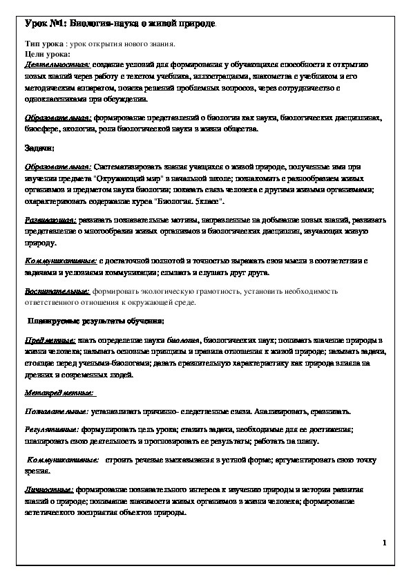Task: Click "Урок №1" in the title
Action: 42,25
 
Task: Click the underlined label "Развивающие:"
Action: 50,219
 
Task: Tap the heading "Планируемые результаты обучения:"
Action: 95,321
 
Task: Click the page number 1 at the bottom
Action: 384,544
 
